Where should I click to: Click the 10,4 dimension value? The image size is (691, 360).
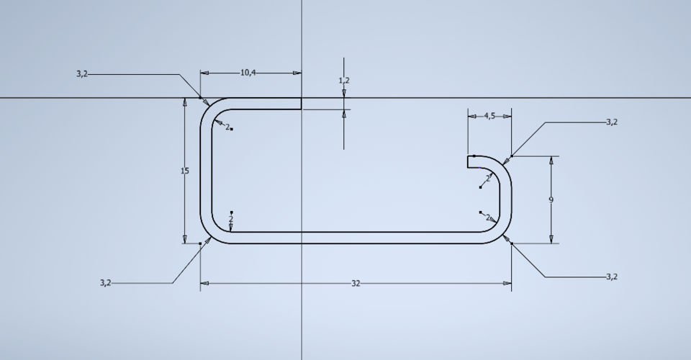pyautogui.click(x=248, y=73)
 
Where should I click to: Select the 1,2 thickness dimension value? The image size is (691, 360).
pyautogui.click(x=344, y=81)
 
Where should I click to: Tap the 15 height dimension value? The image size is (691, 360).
pyautogui.click(x=185, y=171)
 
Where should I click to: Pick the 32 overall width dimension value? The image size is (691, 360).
pyautogui.click(x=356, y=284)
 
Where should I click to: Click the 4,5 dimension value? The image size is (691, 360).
pyautogui.click(x=489, y=116)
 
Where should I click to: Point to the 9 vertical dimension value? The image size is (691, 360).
pyautogui.click(x=551, y=200)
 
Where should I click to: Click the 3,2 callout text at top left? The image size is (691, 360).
pyautogui.click(x=82, y=74)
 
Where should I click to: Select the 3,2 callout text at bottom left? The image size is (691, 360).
pyautogui.click(x=106, y=283)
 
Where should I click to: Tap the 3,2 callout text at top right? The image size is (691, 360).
pyautogui.click(x=611, y=122)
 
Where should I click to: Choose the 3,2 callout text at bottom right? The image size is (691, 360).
pyautogui.click(x=611, y=276)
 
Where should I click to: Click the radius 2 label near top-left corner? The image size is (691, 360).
pyautogui.click(x=227, y=127)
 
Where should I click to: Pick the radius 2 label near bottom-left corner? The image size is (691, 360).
pyautogui.click(x=231, y=218)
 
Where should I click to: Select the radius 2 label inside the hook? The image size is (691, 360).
pyautogui.click(x=487, y=178)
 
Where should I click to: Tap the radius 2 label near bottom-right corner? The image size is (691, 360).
pyautogui.click(x=487, y=217)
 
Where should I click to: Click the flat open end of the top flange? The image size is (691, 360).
pyautogui.click(x=301, y=104)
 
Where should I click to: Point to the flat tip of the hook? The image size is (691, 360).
pyautogui.click(x=468, y=161)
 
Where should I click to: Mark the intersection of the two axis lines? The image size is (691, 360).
pyautogui.click(x=302, y=98)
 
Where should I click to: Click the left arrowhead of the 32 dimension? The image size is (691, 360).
pyautogui.click(x=204, y=284)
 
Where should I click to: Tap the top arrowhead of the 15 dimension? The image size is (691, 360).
pyautogui.click(x=185, y=102)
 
